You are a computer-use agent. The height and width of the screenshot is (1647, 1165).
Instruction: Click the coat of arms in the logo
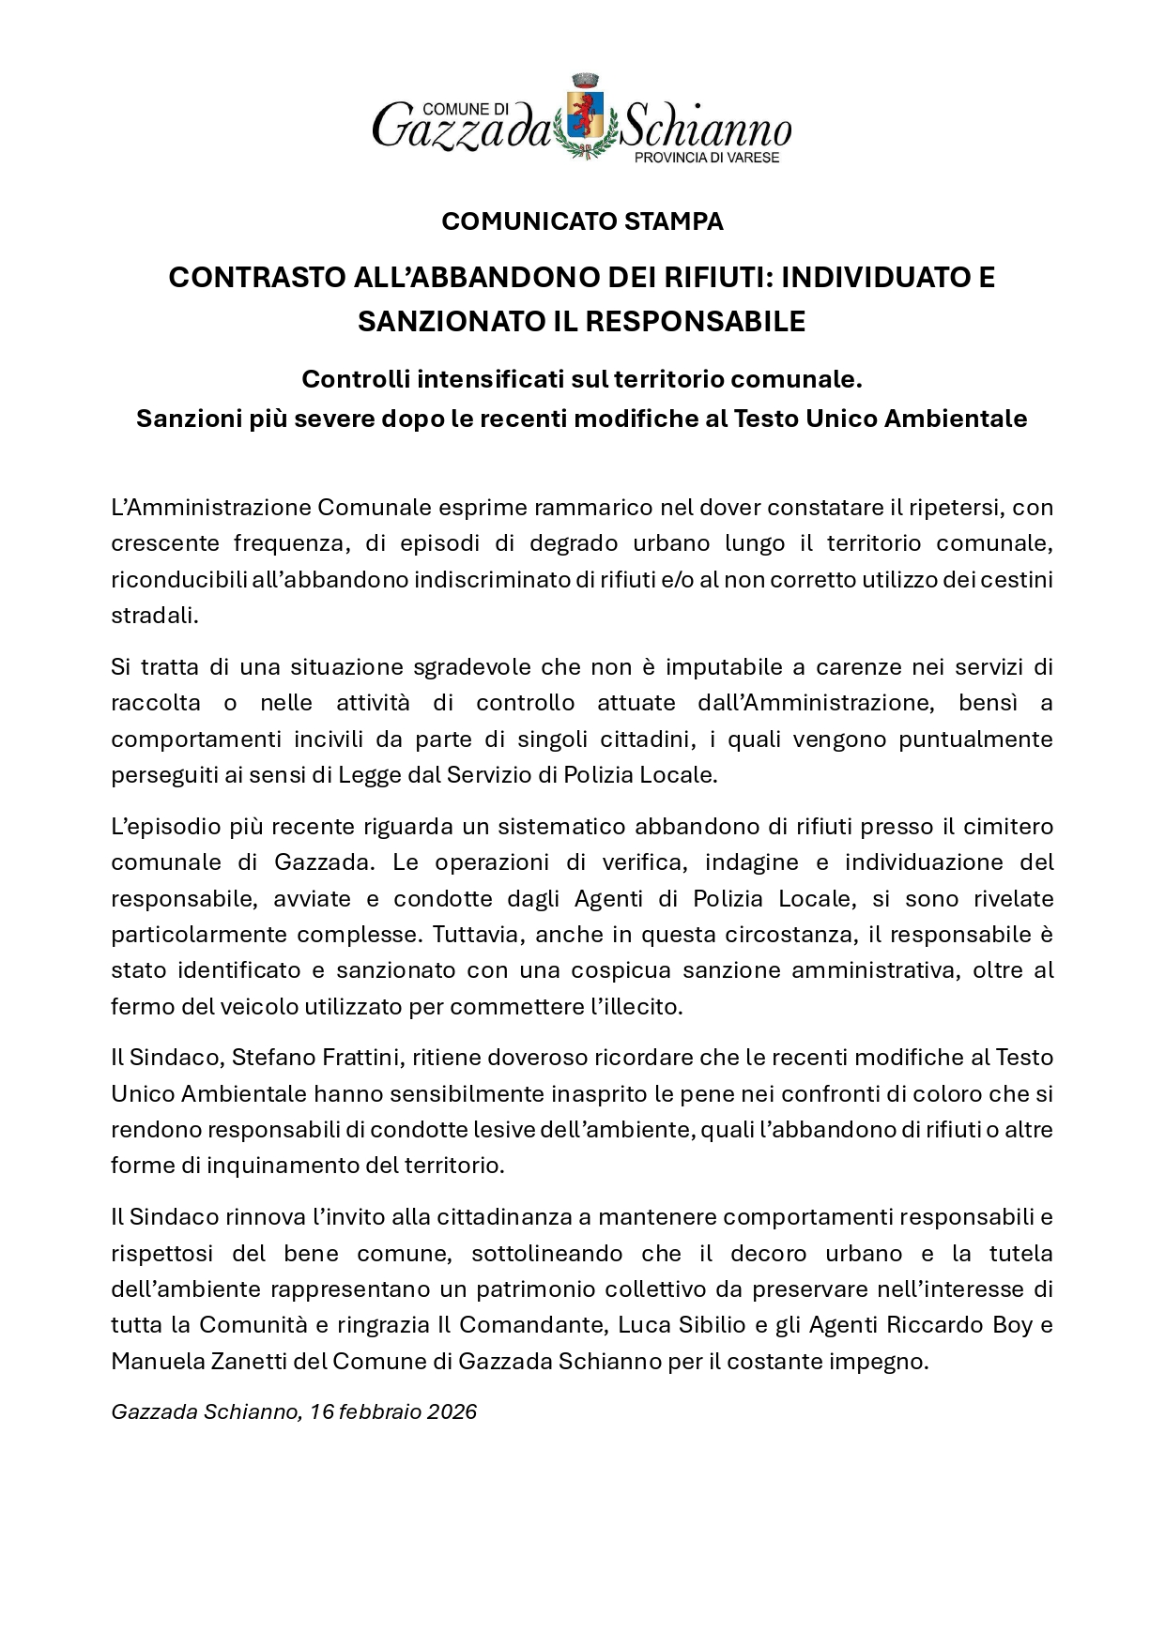(583, 117)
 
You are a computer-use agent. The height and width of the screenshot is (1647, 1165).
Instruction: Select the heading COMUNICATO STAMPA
(582, 222)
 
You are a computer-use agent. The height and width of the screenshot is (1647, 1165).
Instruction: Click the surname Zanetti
(248, 1361)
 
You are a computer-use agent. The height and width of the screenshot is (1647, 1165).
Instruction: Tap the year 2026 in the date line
(452, 1411)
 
